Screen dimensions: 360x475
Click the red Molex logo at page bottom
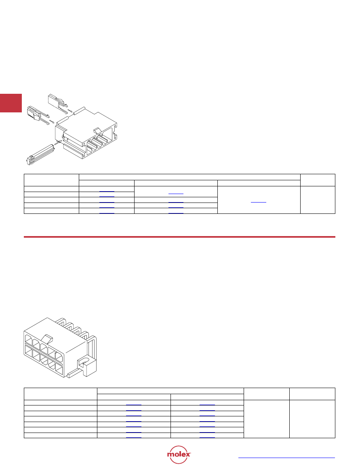click(179, 454)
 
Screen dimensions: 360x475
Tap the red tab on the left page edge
click(11, 103)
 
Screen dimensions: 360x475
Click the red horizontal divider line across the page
click(179, 237)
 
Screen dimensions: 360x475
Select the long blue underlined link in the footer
click(286, 458)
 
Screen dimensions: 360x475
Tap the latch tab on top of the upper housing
click(98, 131)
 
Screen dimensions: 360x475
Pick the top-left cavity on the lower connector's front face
click(28, 340)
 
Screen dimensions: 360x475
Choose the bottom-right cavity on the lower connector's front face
click(59, 370)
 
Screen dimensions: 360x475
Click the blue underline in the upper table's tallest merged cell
click(259, 203)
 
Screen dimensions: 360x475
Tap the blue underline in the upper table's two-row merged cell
click(176, 194)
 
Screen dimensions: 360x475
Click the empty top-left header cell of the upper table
click(51, 180)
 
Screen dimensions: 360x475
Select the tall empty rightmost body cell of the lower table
click(312, 419)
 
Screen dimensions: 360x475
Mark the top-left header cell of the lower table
click(61, 394)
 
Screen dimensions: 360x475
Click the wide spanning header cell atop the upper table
click(189, 177)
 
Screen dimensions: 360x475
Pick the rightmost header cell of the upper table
click(318, 180)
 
